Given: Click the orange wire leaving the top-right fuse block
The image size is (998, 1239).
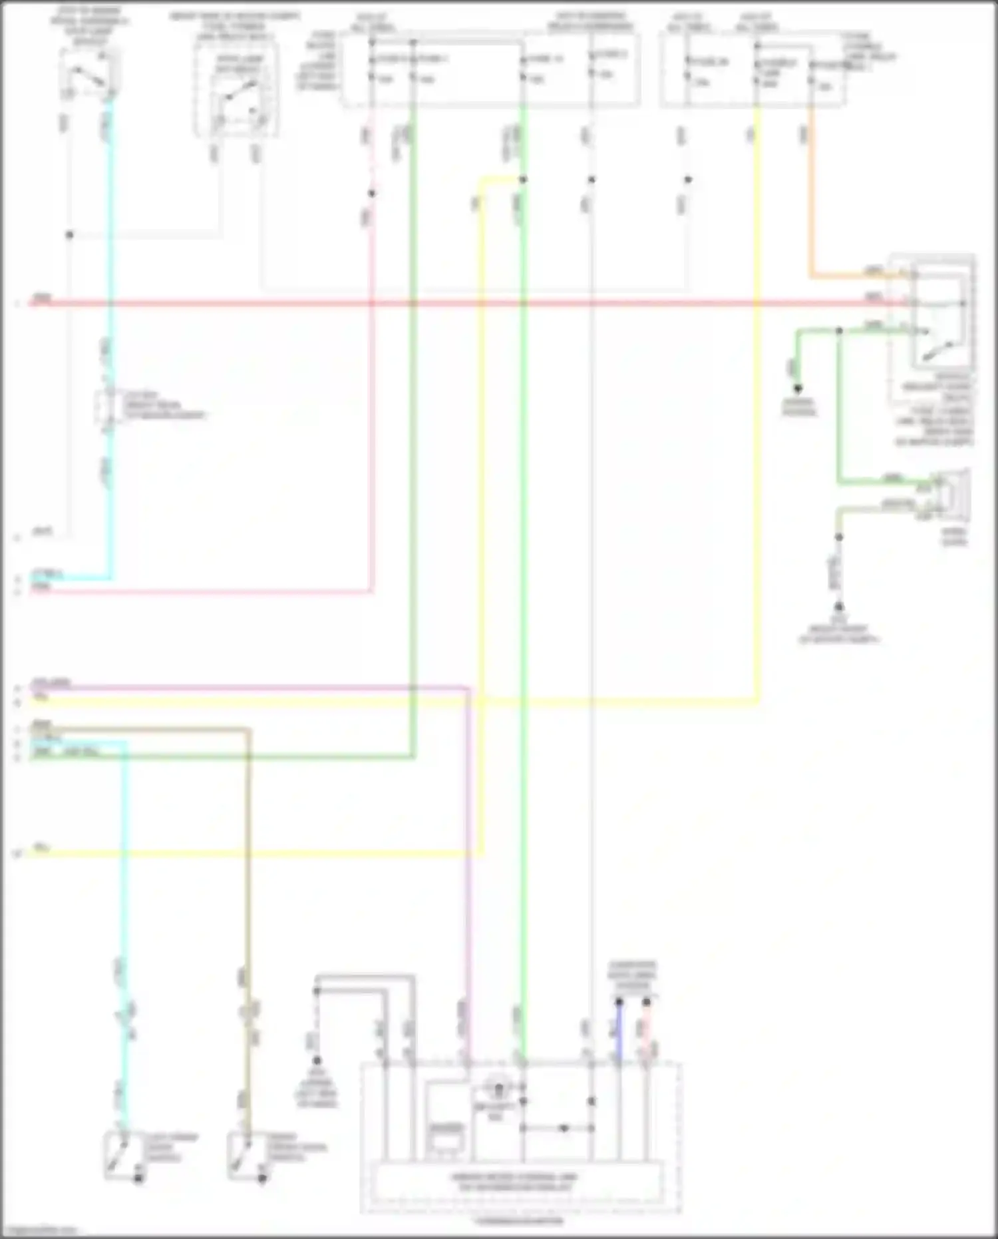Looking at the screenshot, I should [x=810, y=200].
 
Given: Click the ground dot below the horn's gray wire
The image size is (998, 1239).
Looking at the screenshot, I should [x=839, y=607].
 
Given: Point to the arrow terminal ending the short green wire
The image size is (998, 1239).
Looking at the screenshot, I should [x=797, y=388].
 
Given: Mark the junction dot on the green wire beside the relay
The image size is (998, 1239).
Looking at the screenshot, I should [x=840, y=331].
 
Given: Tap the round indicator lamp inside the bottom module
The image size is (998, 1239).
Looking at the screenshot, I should [x=498, y=1090].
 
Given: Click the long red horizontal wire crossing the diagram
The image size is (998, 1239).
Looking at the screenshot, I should [x=466, y=304].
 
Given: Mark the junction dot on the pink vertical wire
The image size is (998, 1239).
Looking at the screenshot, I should [x=372, y=194].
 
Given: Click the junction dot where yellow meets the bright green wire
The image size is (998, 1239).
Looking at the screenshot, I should [x=523, y=180].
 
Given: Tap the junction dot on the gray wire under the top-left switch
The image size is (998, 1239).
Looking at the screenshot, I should [x=69, y=235].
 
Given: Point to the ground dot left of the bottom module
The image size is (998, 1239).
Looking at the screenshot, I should [x=317, y=1060].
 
